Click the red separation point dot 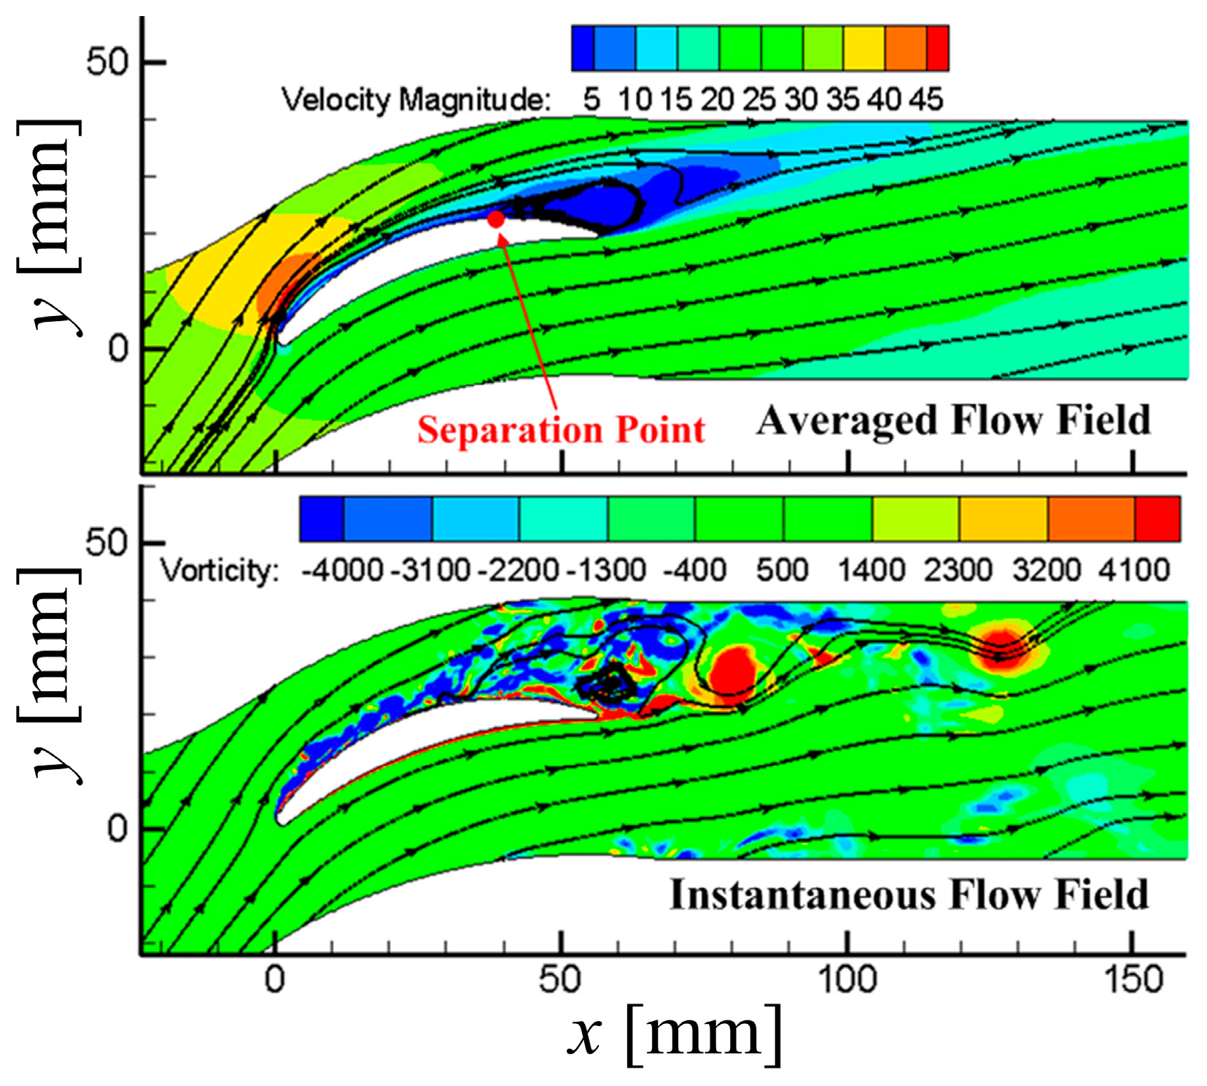tap(496, 219)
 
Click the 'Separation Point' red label tap(560, 430)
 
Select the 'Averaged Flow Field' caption tap(953, 421)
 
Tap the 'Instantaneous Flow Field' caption tap(909, 895)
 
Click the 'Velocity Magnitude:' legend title tap(416, 100)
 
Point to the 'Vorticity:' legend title tap(220, 570)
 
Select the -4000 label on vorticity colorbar tap(342, 570)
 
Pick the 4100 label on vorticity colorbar tap(1134, 570)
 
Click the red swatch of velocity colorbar tap(937, 48)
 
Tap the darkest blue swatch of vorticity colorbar tap(322, 519)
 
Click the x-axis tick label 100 tap(847, 979)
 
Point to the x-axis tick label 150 tap(1133, 979)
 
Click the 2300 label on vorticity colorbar tap(958, 570)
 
